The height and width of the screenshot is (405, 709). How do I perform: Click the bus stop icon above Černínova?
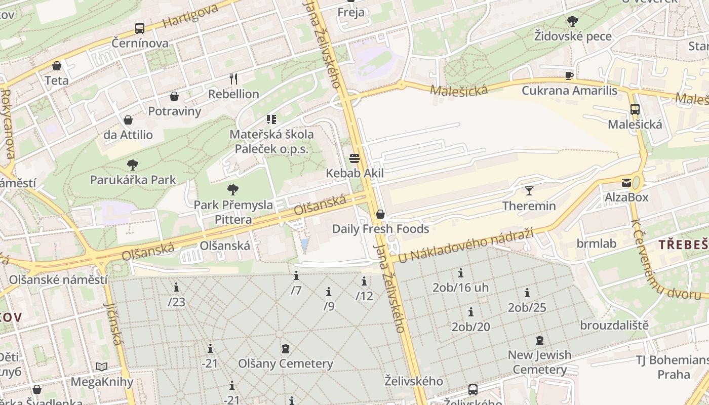(139, 28)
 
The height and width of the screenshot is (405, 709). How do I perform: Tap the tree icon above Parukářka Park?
(133, 165)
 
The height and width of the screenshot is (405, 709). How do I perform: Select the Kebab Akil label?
(354, 174)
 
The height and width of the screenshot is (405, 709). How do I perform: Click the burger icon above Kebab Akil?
(354, 158)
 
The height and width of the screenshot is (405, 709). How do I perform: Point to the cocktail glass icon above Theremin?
(529, 191)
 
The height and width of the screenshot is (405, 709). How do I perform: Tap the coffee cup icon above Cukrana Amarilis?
(569, 76)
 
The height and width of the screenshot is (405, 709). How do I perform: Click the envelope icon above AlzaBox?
(626, 183)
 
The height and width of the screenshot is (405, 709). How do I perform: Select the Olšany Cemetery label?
(286, 363)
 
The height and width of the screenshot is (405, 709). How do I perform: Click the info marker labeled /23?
(176, 288)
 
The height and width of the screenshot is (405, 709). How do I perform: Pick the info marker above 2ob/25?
(527, 293)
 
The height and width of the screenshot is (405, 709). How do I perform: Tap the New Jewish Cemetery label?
(539, 362)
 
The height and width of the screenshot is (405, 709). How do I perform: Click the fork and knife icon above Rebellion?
(233, 79)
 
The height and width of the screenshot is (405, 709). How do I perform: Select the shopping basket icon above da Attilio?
(128, 120)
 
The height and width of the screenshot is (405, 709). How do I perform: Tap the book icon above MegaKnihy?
(102, 367)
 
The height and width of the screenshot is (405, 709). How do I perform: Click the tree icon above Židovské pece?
(573, 21)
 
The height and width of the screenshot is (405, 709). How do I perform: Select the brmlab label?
(597, 244)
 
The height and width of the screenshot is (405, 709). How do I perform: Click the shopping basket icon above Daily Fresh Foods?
(380, 214)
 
